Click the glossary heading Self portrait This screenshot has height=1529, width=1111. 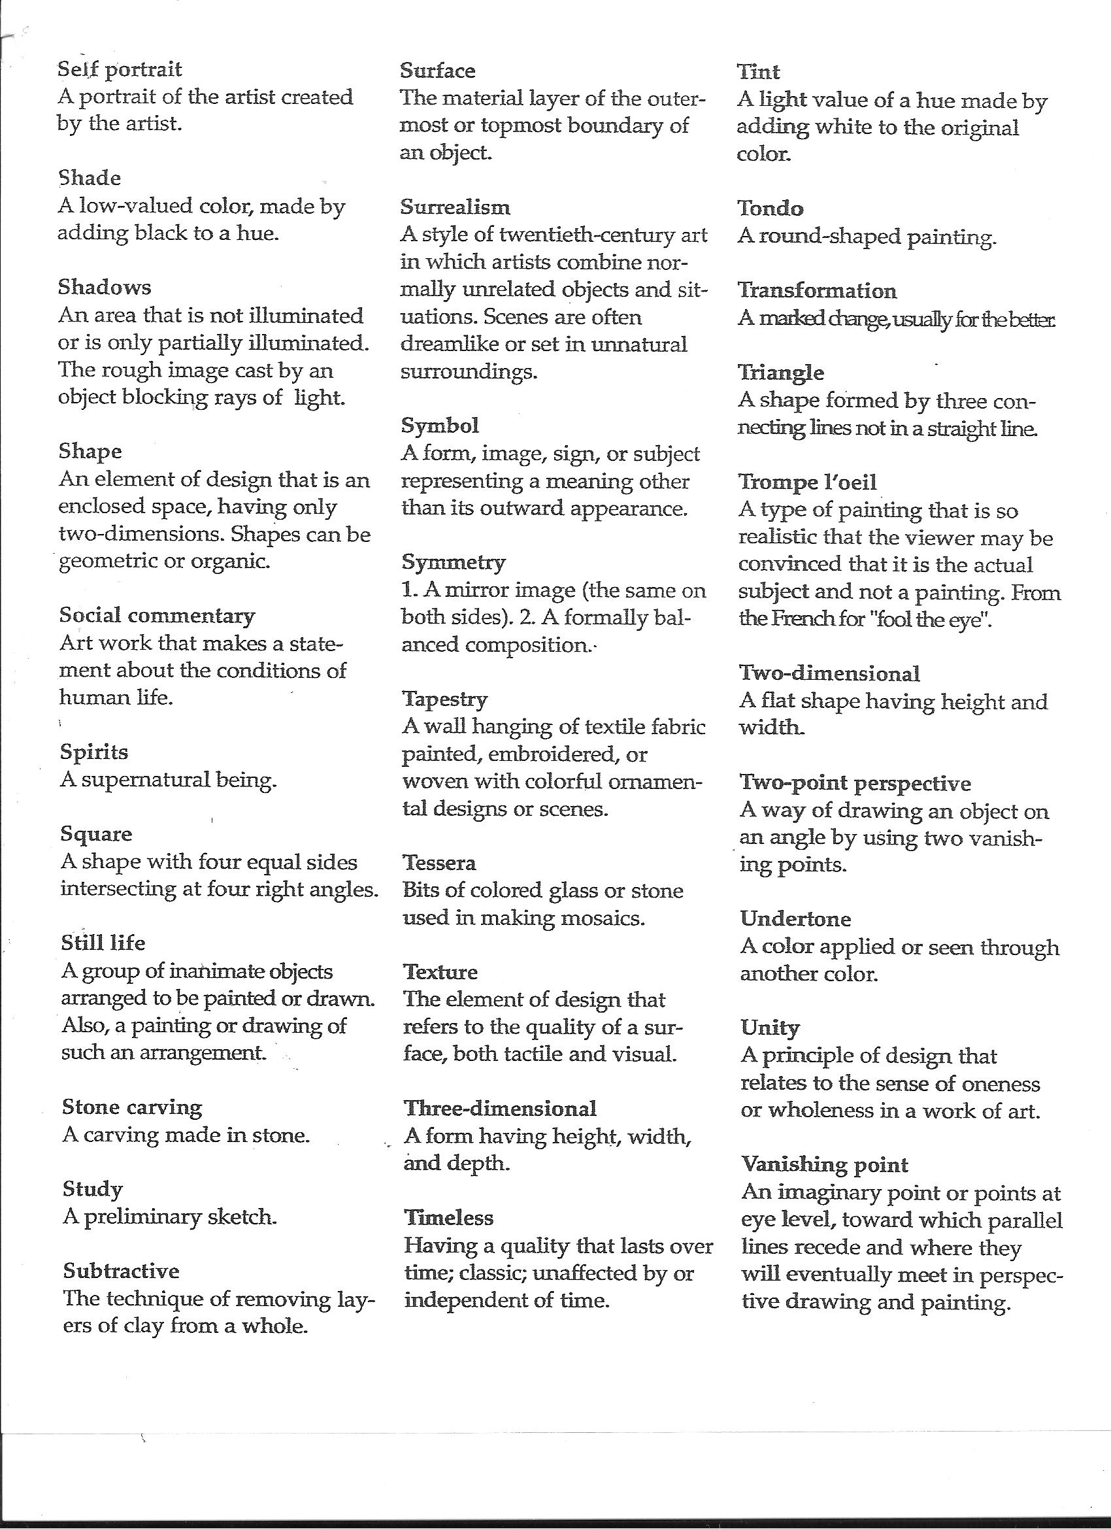[120, 69]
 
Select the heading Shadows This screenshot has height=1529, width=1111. [105, 287]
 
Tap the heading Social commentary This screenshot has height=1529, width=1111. [157, 616]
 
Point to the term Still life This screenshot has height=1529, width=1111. [103, 943]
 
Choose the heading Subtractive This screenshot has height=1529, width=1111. [122, 1271]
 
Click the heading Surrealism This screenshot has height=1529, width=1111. [455, 207]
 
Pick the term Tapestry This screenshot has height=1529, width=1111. [445, 699]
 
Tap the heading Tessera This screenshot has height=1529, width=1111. [439, 863]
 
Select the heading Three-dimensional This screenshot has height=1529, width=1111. [500, 1108]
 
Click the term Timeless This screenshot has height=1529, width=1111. [449, 1218]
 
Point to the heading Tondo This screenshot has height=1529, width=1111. [770, 209]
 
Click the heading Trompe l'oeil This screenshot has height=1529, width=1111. [808, 482]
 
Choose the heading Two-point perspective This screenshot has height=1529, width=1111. [855, 782]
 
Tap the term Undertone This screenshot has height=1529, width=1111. [795, 919]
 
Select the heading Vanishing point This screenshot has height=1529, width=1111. [825, 1164]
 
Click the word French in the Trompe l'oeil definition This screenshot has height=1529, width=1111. [795, 619]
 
